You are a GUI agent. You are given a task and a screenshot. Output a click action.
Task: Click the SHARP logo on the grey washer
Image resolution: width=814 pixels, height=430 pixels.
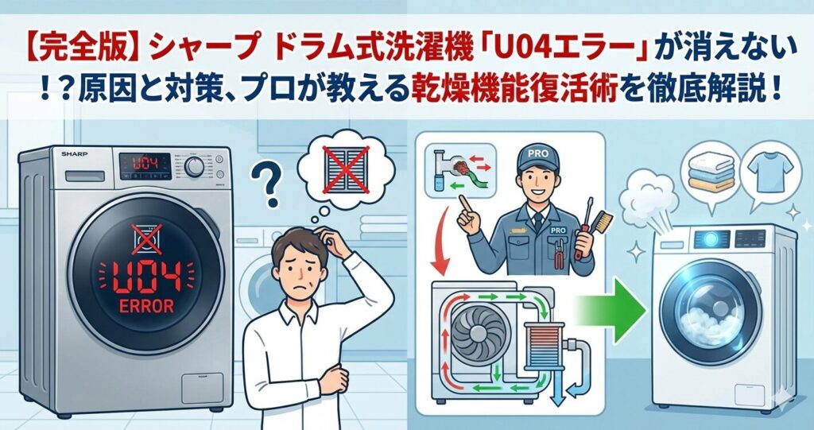point(74,154)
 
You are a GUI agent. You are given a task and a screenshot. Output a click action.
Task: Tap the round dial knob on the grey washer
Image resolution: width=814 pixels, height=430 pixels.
point(194,167)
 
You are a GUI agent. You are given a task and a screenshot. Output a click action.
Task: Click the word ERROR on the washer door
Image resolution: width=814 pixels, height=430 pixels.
point(146,306)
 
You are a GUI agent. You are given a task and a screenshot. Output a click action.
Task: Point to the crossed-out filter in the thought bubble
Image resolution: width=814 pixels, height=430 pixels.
point(346,169)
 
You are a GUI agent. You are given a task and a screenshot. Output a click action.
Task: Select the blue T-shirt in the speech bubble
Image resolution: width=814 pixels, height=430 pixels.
point(769,169)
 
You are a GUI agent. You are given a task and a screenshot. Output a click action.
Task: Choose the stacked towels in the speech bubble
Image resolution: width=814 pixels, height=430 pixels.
point(711,172)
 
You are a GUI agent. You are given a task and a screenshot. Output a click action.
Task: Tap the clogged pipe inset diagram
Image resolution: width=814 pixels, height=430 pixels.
point(459,171)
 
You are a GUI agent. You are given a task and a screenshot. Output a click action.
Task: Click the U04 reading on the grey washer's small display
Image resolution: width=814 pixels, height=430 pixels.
point(145,165)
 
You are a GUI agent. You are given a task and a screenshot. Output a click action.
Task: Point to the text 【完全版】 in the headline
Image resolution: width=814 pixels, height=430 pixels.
point(84,51)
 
